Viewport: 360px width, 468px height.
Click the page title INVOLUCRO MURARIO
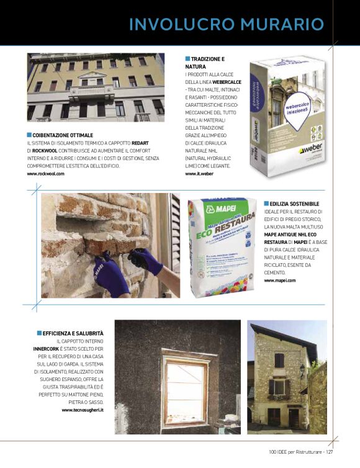(x=226, y=24)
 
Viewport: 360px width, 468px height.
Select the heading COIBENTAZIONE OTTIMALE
(x=62, y=135)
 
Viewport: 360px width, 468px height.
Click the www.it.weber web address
(x=199, y=174)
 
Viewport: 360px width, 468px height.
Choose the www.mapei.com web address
(x=280, y=281)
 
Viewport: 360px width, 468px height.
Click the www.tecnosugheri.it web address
(x=83, y=410)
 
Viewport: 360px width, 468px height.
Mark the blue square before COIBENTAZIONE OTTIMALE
(x=29, y=135)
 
